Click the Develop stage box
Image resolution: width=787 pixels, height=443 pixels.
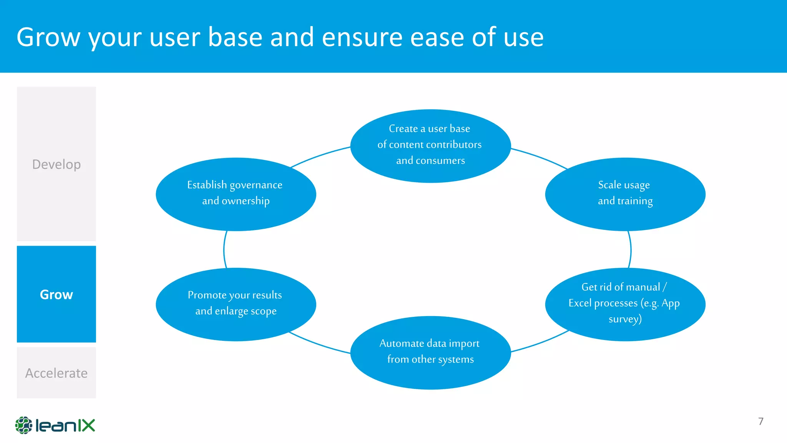pyautogui.click(x=56, y=164)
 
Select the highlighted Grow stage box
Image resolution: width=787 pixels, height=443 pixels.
pyautogui.click(x=56, y=294)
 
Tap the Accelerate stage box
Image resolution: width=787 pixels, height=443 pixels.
pyautogui.click(x=56, y=373)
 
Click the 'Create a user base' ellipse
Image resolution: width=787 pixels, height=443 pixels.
pyautogui.click(x=430, y=146)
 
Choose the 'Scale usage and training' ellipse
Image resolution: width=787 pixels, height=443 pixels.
pyautogui.click(x=625, y=194)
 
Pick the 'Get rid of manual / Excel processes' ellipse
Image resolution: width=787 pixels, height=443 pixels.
pyautogui.click(x=625, y=304)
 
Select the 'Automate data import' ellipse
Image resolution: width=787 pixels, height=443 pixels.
pyautogui.click(x=430, y=352)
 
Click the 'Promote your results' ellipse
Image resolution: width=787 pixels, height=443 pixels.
pyautogui.click(x=236, y=304)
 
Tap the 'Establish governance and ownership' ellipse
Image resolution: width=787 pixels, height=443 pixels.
pyautogui.click(x=236, y=194)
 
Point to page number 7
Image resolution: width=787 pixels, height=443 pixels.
pyautogui.click(x=760, y=421)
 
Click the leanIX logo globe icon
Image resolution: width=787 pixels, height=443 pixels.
pyautogui.click(x=23, y=425)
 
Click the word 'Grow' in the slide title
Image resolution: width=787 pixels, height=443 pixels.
pyautogui.click(x=48, y=37)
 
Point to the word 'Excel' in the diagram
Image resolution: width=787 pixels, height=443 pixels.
pyautogui.click(x=580, y=303)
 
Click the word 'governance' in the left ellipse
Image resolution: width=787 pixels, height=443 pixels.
pyautogui.click(x=256, y=185)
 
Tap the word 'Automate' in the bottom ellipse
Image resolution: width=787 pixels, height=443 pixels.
pyautogui.click(x=402, y=343)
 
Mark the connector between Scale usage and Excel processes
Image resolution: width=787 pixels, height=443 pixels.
pyautogui.click(x=630, y=250)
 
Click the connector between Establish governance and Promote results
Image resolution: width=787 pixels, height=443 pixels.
pyautogui.click(x=224, y=250)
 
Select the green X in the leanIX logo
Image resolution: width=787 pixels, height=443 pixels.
pyautogui.click(x=86, y=426)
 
